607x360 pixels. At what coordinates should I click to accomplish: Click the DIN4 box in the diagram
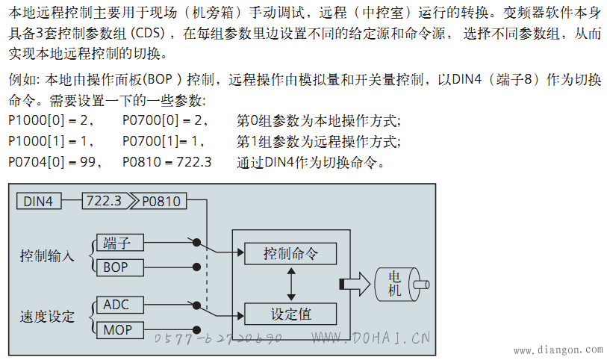point(39,202)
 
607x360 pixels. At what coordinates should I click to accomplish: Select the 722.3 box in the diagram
point(105,202)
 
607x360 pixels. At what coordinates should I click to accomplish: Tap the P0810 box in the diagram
point(160,202)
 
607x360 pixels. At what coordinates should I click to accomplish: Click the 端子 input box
point(119,243)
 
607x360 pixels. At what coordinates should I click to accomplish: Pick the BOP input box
point(119,267)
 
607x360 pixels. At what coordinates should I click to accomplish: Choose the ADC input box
point(119,305)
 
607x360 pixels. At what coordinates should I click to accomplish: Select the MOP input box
point(119,330)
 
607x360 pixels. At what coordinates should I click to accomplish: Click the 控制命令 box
point(290,253)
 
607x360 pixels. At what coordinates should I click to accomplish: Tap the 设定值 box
point(290,314)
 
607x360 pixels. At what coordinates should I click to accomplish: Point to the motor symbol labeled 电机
point(402,285)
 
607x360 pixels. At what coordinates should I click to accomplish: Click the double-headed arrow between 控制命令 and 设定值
point(291,284)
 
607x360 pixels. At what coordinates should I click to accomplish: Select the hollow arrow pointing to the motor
point(355,284)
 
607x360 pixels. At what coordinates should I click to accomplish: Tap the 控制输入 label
point(47,256)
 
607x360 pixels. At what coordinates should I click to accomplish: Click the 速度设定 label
point(47,317)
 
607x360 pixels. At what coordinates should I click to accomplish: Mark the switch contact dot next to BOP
point(196,267)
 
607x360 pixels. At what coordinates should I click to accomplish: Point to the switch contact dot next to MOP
point(196,330)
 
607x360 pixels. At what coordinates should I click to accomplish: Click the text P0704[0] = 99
point(55,162)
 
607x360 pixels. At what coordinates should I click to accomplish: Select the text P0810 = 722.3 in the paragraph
point(166,162)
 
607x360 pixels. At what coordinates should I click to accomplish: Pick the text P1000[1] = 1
point(51,141)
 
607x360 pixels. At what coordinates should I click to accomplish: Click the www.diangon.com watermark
point(558,350)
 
